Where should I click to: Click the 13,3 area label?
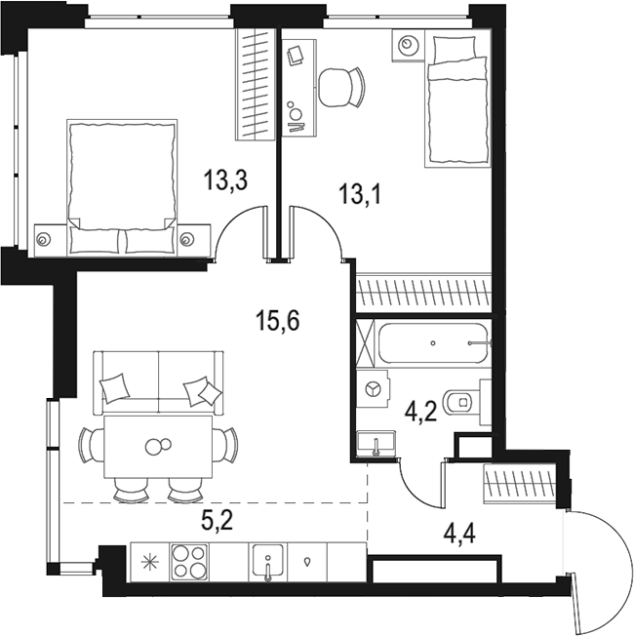225,179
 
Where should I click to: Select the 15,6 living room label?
277,320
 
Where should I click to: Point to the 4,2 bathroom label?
420,413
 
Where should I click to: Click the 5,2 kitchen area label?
217,520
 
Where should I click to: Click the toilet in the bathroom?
466,402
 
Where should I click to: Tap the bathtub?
434,343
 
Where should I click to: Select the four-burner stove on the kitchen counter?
189,561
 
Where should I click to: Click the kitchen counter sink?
267,561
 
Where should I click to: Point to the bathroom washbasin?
376,443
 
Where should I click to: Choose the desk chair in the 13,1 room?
341,87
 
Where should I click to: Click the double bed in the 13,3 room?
122,187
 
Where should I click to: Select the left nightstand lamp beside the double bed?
43,239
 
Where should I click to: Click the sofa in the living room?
158,383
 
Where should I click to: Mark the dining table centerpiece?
158,446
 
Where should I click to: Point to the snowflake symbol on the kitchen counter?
150,562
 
